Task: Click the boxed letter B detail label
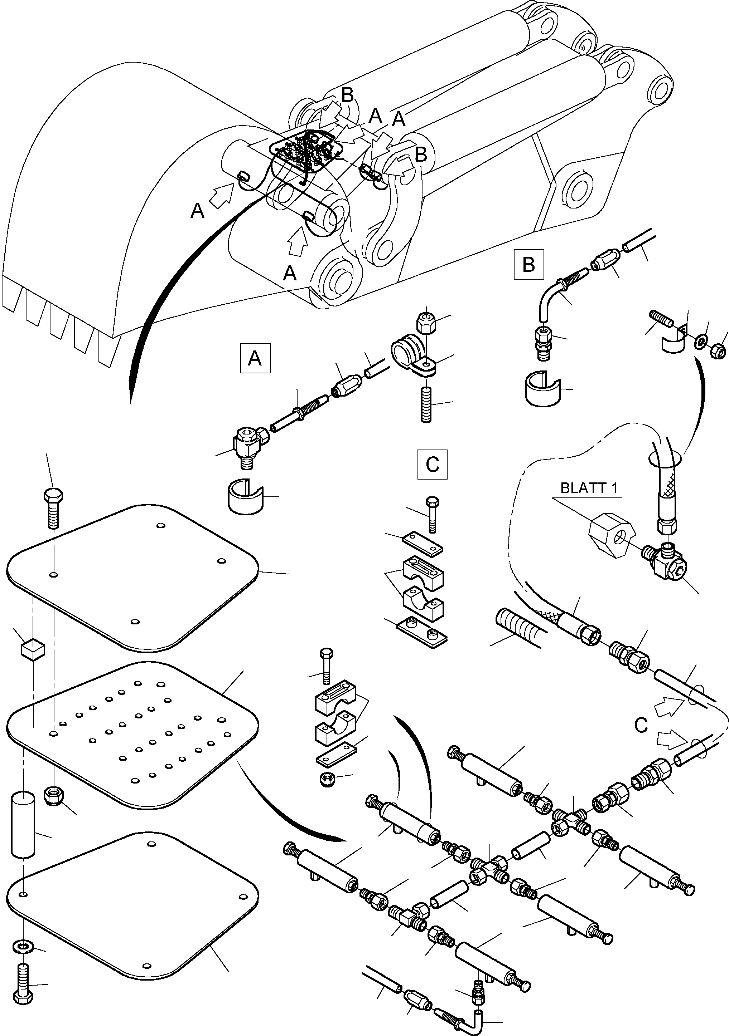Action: (528, 264)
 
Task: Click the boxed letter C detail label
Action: (432, 464)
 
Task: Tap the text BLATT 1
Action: (589, 488)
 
